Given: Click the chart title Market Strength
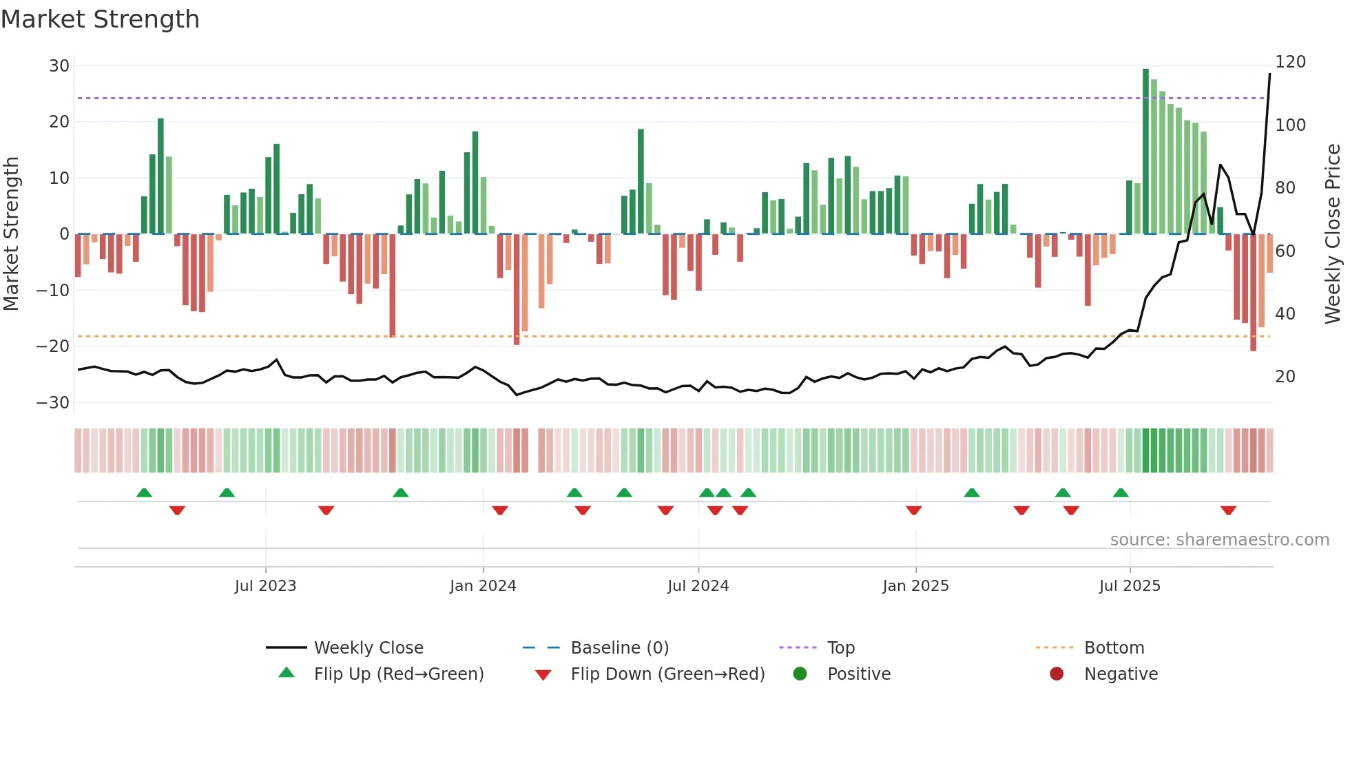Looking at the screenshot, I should pos(100,19).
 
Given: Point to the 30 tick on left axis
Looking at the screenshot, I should pos(59,66).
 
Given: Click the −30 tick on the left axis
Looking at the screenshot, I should pos(53,403).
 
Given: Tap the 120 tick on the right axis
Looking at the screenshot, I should pos(1290,62).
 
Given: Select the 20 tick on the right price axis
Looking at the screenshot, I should pos(1285,377).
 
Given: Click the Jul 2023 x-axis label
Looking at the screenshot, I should pos(265,586).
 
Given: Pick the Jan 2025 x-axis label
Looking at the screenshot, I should pos(915,586).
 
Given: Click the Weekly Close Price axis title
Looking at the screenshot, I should pos(1333,234).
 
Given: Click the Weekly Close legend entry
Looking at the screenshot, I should pos(368,648).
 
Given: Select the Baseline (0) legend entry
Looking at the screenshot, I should pos(619,648).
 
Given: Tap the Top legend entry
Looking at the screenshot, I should pos(840,648).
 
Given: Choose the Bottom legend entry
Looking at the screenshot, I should pos(1114,648).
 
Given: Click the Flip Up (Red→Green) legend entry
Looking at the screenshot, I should pos(398,674).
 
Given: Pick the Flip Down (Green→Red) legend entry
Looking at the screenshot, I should pos(667,674).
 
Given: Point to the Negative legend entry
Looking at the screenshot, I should pos(1121,674).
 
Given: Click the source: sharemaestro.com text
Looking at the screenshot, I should pos(1219,540).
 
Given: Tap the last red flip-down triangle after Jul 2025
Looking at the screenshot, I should pos(1228,510).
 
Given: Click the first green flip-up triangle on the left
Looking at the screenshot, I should pos(144,492).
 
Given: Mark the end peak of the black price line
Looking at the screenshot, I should pos(1269,74).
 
